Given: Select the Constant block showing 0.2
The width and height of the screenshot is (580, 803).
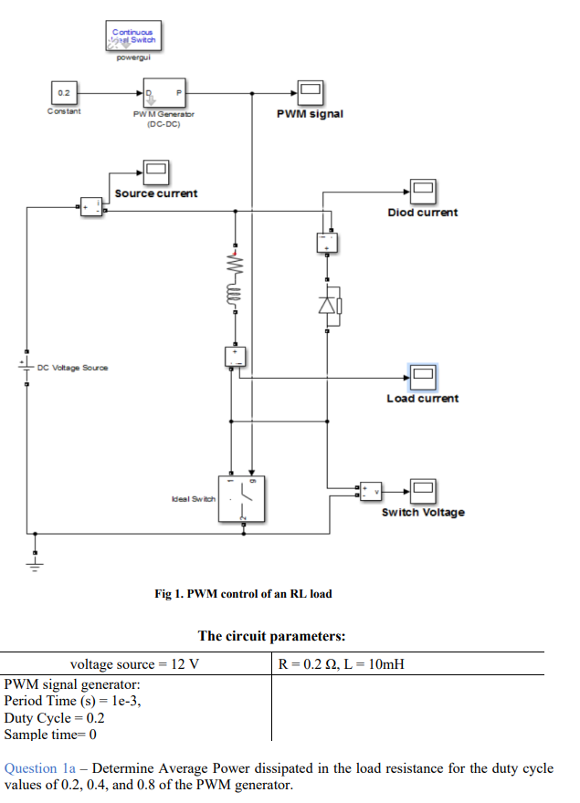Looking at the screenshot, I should [x=64, y=93].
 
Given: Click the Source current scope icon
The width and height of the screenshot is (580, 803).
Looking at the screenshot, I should [x=155, y=171].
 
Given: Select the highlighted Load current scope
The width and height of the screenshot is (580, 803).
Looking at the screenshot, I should [x=423, y=375].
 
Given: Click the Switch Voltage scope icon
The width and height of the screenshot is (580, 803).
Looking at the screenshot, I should [x=423, y=491].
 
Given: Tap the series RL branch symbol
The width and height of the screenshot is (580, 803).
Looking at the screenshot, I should [x=234, y=278].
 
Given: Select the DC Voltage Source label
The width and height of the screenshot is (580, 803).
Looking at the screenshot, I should [x=72, y=368].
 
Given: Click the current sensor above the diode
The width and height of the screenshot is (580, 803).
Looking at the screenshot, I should [x=328, y=242].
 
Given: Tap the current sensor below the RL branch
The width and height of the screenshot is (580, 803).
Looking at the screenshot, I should [x=236, y=356].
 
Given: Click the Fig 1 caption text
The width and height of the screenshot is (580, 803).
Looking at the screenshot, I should [x=243, y=594].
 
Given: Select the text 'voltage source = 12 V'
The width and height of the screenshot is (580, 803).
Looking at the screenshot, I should [x=135, y=664].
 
